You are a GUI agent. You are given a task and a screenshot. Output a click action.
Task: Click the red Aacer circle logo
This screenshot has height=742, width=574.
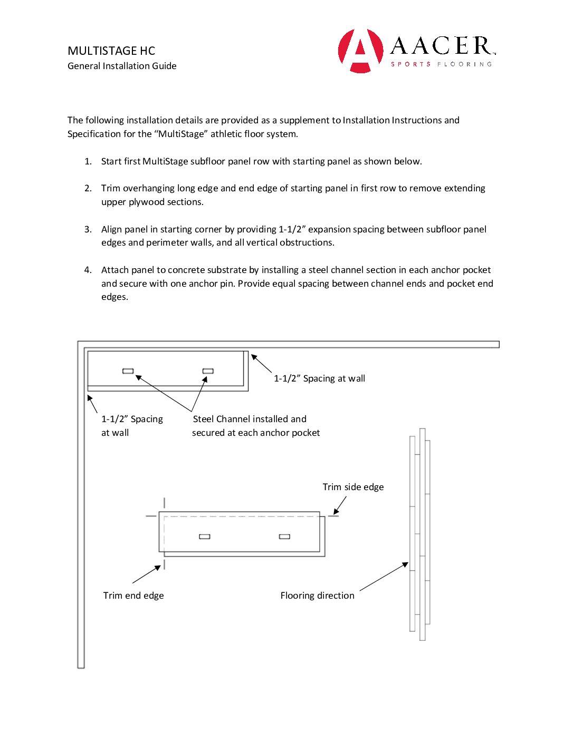coord(361,51)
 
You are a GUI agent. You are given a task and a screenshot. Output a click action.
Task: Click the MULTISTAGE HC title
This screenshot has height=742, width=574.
coord(111,51)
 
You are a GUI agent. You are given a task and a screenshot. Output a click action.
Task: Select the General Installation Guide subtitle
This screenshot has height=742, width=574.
coord(122,66)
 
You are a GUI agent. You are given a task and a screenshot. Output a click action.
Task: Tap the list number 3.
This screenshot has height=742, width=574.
coord(88,229)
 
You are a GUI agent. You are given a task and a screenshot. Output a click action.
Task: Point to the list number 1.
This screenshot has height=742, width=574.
coord(88,161)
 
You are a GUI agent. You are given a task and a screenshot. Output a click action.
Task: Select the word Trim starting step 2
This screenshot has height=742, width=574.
coord(111,188)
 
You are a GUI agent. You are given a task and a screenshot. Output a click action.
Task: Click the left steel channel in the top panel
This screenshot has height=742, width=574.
coord(128,371)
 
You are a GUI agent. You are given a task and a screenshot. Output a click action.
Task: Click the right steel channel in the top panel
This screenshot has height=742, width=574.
coord(208,371)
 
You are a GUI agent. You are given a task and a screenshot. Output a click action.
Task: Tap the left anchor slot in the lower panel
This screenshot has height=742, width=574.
coord(205,536)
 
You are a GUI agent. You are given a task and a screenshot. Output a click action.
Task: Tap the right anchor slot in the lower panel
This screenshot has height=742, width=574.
coord(284,536)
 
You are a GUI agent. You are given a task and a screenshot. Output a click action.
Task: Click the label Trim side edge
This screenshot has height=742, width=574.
coord(353,487)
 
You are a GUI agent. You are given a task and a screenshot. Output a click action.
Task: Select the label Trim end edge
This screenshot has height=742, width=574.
coord(133,595)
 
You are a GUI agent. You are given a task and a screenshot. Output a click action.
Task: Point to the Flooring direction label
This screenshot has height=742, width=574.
coord(317,595)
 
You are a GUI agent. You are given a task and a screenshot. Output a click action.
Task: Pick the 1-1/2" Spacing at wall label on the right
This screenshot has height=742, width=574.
coord(319,378)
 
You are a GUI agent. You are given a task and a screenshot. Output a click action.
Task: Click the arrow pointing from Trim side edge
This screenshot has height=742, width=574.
coord(340,505)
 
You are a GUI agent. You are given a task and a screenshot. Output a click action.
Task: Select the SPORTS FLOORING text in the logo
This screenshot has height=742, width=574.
coord(441,64)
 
